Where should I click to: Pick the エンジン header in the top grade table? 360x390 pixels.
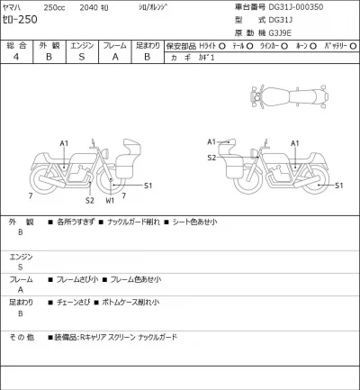[80, 43]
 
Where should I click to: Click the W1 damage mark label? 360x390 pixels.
[110, 201]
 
